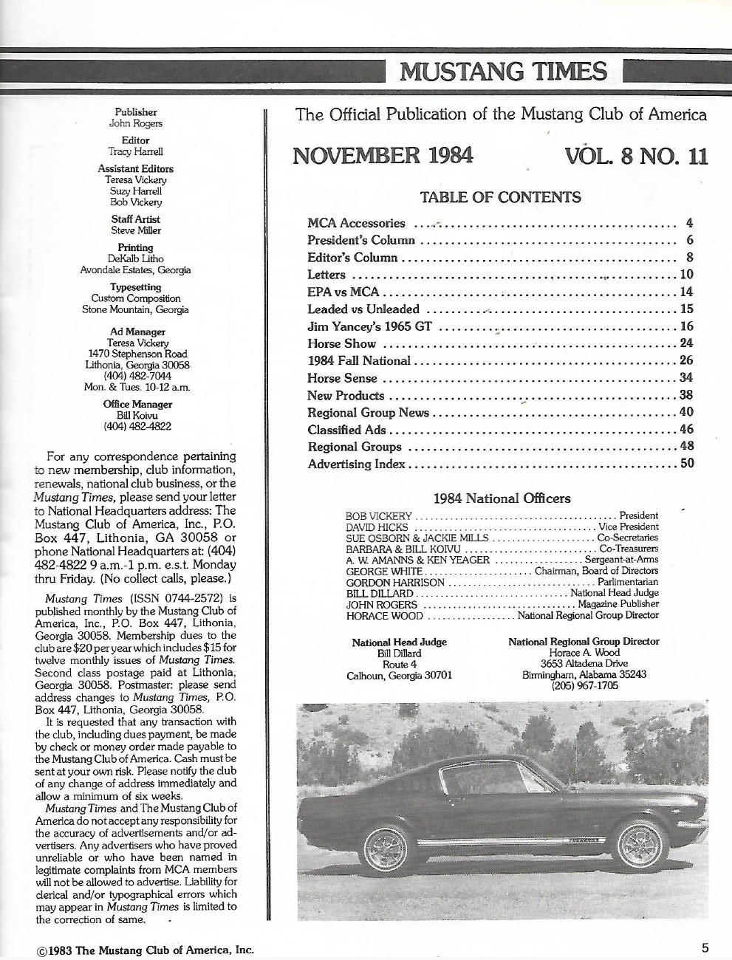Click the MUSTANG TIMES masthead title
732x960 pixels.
[503, 72]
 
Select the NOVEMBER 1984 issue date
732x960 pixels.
[383, 156]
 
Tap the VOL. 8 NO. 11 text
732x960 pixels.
[636, 157]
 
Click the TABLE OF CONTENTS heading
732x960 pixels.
[500, 197]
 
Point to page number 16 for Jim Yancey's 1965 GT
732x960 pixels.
[686, 326]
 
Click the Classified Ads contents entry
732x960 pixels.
[345, 429]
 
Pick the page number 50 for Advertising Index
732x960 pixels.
[686, 464]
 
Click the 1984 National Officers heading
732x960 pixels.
[502, 498]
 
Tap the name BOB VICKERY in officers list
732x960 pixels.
[378, 515]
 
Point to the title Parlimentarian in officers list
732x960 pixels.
[628, 582]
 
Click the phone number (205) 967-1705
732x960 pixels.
[584, 685]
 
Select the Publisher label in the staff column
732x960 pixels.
[136, 112]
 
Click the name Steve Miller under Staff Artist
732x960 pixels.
[135, 230]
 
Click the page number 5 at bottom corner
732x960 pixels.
[706, 947]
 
